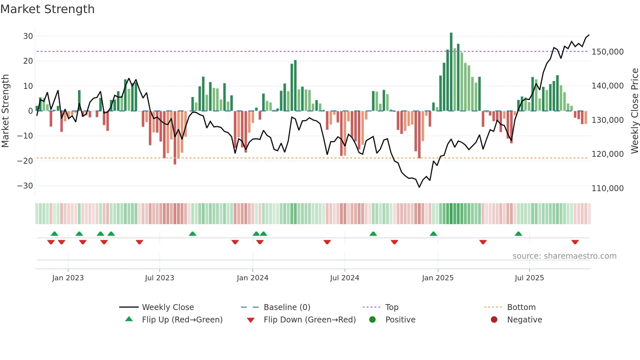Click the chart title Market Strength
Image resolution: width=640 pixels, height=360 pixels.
coord(47,9)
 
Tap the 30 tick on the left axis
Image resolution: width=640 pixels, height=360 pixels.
coord(28,36)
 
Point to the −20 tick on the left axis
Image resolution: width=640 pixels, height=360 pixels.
coord(25,161)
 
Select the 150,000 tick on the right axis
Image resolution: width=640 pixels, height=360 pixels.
coord(607,52)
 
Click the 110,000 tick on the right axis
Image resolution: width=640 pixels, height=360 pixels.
coord(607,188)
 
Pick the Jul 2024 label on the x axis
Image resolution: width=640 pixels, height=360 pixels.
coord(344,278)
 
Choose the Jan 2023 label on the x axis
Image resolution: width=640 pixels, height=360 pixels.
coord(68,278)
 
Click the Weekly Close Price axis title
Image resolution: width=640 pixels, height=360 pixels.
coord(634,111)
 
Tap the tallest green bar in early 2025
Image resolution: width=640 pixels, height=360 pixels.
coord(451,72)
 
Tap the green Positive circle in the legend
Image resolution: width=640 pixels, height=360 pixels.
coord(372,320)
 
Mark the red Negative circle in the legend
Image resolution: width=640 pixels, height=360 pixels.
coord(494,320)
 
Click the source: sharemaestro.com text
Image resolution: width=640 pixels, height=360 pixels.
coord(564,256)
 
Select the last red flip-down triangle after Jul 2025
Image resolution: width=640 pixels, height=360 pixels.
coord(575,242)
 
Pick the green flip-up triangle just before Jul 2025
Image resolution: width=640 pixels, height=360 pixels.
coord(518,234)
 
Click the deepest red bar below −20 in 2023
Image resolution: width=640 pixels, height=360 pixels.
coord(175,137)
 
